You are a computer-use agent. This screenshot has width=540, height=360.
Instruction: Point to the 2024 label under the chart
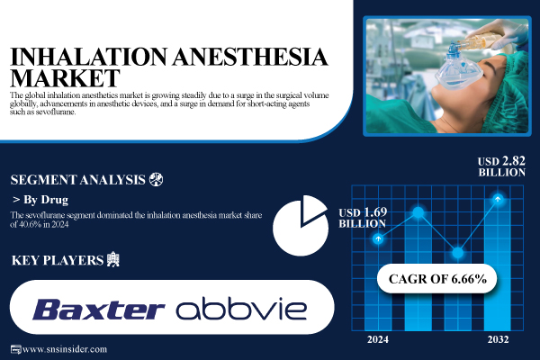click(x=378, y=340)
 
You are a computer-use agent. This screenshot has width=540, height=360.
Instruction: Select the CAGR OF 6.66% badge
click(x=437, y=278)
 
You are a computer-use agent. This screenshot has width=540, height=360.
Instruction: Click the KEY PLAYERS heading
click(x=56, y=261)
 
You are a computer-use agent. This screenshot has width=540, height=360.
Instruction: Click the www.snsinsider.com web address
click(x=65, y=349)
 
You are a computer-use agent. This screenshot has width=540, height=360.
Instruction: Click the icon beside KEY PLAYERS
click(x=112, y=261)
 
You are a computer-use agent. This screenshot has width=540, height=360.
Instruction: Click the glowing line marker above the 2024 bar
click(x=379, y=239)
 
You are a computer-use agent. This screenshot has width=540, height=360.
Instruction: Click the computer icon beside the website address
click(x=13, y=349)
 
